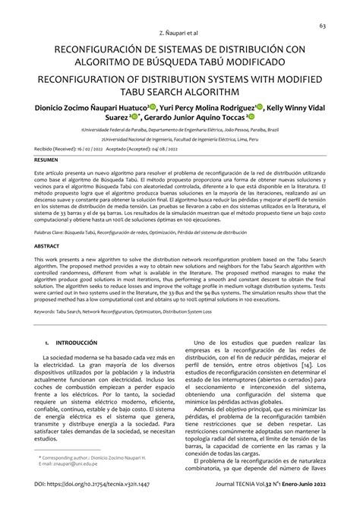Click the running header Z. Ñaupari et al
click(180, 35)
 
